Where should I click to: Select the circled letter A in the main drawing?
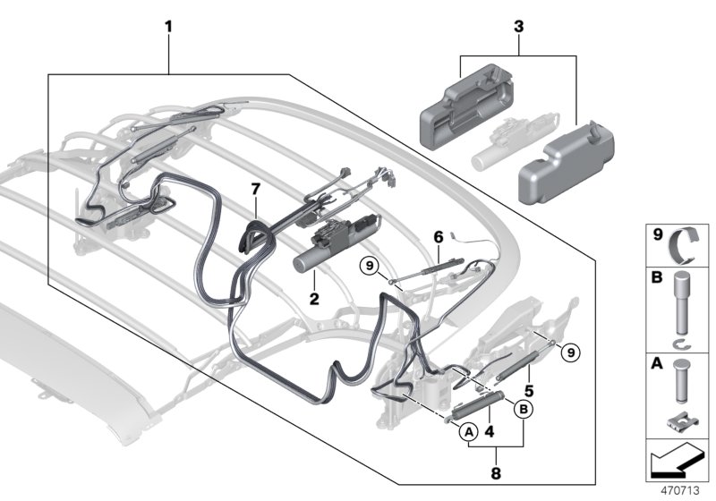[468, 431]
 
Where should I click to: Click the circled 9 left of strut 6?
[369, 264]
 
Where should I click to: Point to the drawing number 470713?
[682, 491]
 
